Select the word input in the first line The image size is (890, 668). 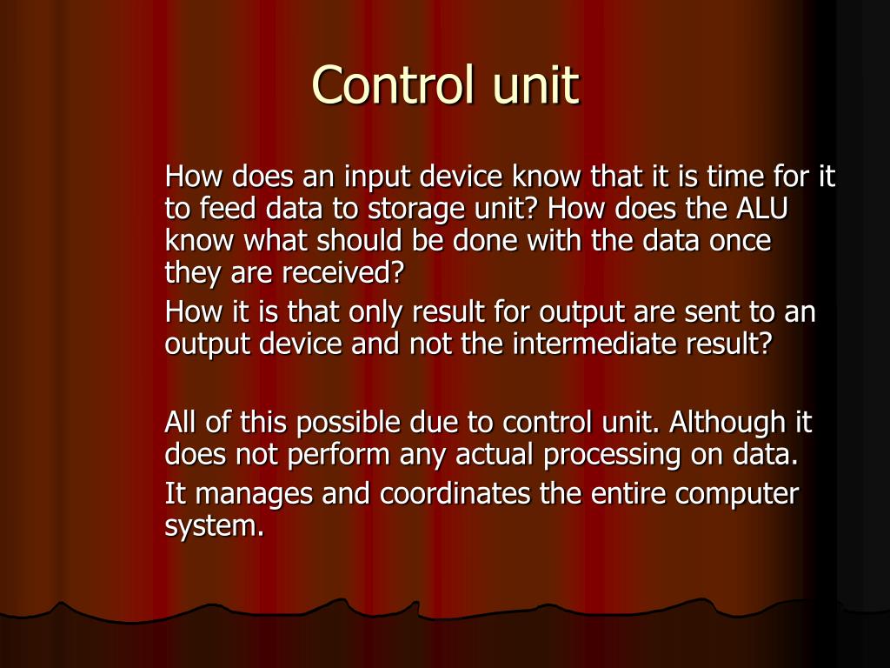click(378, 178)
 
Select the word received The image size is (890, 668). click(343, 272)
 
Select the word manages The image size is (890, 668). click(253, 495)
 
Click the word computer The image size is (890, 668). click(737, 495)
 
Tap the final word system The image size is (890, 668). click(214, 526)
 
